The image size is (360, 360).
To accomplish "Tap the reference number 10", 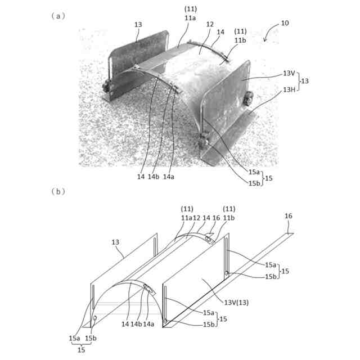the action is (285, 24).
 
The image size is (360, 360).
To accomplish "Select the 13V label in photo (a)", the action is (289, 74).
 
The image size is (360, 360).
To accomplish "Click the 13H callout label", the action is (289, 89).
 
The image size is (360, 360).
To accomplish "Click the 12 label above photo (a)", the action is (210, 25).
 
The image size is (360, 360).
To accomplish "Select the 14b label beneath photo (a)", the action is (153, 177).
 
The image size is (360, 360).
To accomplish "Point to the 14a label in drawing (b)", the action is (149, 325).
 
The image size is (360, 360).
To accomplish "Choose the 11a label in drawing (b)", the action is (187, 218).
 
